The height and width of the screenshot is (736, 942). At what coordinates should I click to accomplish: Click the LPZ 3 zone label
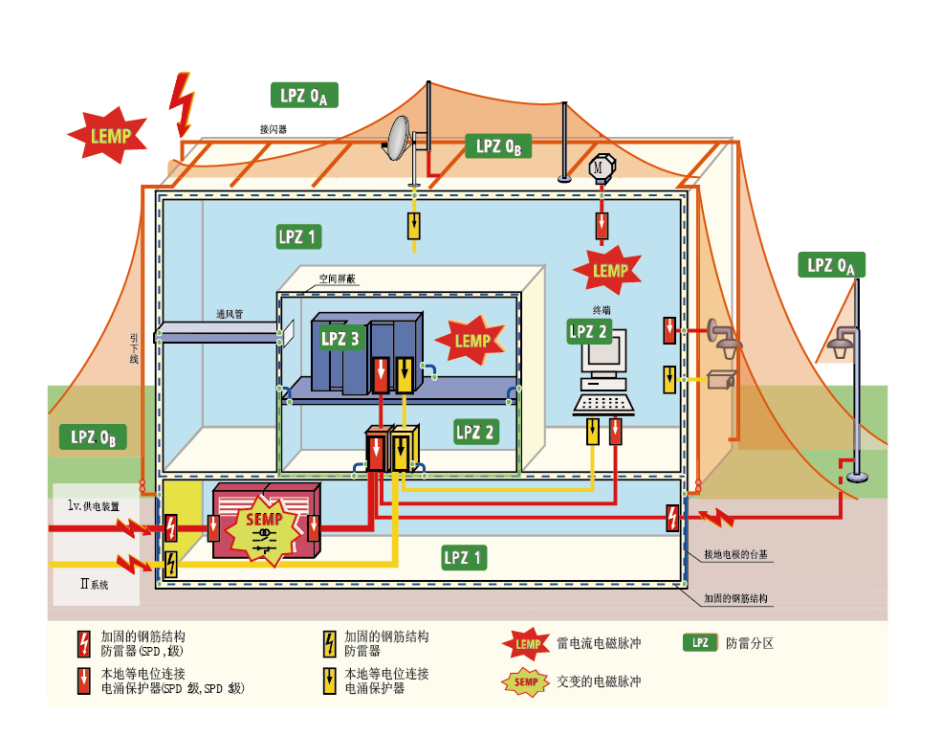pyautogui.click(x=340, y=338)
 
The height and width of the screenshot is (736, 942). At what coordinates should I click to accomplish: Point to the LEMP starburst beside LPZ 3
pyautogui.click(x=471, y=341)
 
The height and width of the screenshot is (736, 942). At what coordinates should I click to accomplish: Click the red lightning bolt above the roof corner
pyautogui.click(x=182, y=102)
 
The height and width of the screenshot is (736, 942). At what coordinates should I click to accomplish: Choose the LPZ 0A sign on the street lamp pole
pyautogui.click(x=831, y=265)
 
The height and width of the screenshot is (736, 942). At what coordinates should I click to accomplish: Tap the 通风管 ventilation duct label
pyautogui.click(x=230, y=314)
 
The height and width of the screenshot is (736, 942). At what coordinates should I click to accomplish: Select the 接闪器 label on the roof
pyautogui.click(x=274, y=127)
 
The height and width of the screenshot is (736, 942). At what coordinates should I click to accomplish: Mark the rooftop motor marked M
pyautogui.click(x=600, y=167)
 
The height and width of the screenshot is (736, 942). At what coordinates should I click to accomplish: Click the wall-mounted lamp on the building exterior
pyautogui.click(x=724, y=337)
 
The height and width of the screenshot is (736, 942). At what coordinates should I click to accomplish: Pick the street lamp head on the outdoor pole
pyautogui.click(x=843, y=341)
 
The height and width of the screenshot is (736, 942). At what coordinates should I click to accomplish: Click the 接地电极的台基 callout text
pyautogui.click(x=737, y=554)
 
